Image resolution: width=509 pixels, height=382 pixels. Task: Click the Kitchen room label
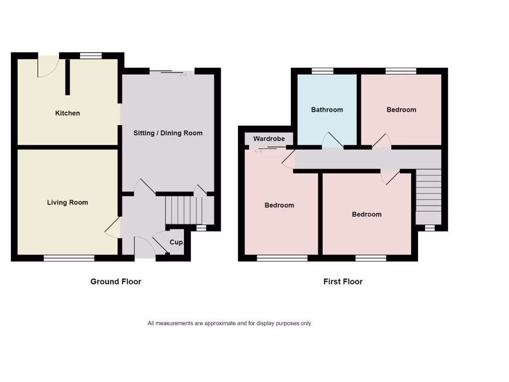[67, 113]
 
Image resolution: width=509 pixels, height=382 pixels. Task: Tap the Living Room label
[68, 202]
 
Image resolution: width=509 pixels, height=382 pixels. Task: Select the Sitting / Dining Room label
[168, 133]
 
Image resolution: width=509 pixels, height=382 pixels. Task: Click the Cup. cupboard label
[177, 243]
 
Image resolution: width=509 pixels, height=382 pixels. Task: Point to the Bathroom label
[327, 109]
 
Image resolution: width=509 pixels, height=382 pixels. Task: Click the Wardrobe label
[269, 139]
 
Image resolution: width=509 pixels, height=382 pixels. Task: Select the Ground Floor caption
[116, 282]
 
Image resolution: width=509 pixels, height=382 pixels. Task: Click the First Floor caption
[343, 282]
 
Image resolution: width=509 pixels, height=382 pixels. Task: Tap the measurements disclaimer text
[229, 323]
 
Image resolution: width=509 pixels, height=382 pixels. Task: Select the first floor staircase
[428, 196]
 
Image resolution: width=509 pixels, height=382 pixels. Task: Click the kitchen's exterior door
[48, 67]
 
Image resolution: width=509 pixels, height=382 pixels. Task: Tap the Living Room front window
[69, 258]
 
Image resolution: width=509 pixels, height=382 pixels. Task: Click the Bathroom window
[323, 71]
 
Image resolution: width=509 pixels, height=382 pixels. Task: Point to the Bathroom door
[333, 141]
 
